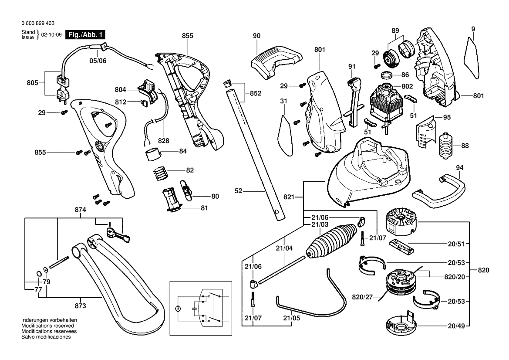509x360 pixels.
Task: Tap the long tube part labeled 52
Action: [x=255, y=148]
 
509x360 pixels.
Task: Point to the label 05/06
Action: [x=98, y=61]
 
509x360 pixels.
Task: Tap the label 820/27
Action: [x=362, y=297]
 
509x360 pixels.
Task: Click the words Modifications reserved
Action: [x=47, y=326]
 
